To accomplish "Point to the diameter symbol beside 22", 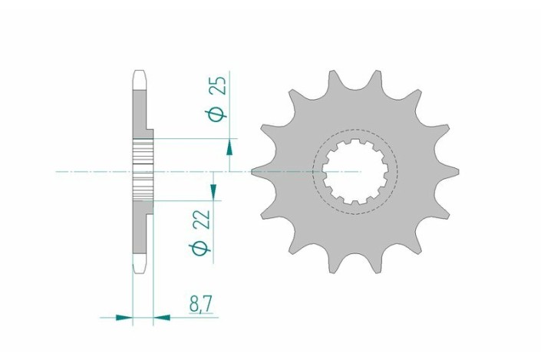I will point(203,247).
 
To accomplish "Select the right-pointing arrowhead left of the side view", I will point(124,315).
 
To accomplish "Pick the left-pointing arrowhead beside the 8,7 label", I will point(162,315).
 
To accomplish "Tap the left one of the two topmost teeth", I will point(333,79).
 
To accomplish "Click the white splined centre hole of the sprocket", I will point(355,171).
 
